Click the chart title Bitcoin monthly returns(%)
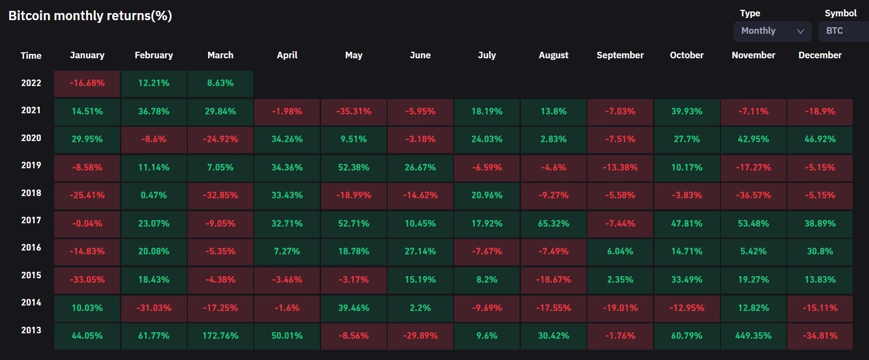(90, 16)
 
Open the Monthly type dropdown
(772, 31)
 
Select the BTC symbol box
(842, 31)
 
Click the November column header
(753, 55)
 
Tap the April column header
(287, 55)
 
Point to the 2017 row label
(31, 221)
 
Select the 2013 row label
(31, 330)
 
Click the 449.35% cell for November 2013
(753, 335)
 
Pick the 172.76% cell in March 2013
(221, 335)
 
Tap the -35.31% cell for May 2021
(353, 112)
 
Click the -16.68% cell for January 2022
(87, 83)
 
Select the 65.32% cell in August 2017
(553, 223)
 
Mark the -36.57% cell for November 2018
(753, 196)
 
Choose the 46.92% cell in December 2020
(819, 139)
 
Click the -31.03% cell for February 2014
(154, 308)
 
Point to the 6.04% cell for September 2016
(620, 252)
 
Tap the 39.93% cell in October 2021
(687, 112)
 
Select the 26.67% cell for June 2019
(420, 168)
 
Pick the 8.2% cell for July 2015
(487, 280)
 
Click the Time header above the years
(31, 56)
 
